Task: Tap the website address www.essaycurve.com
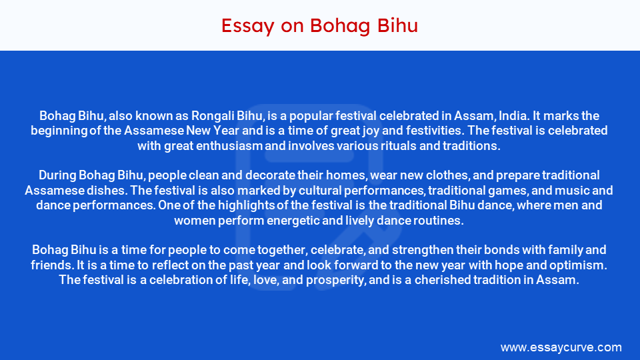561,347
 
